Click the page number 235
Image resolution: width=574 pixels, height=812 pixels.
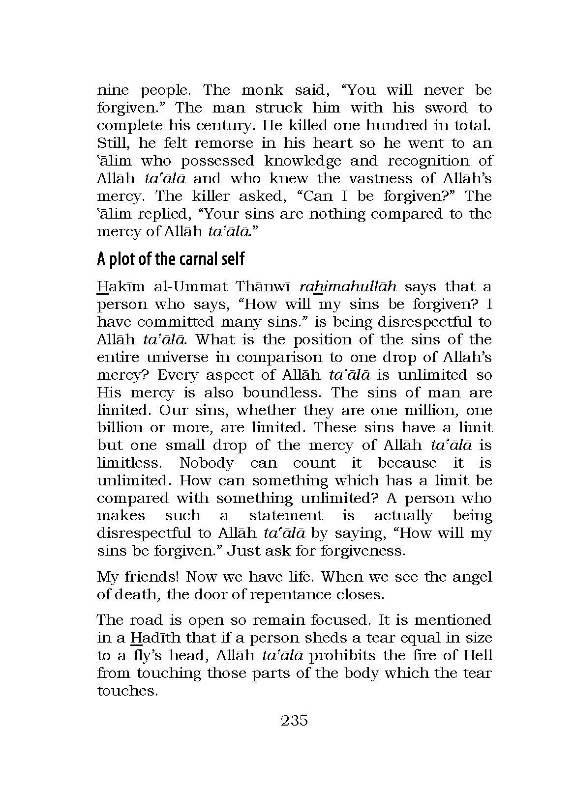pos(294,721)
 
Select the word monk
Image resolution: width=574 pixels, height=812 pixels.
pos(263,90)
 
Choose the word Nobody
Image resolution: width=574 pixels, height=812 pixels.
pos(207,463)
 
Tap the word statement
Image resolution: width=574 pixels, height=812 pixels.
pos(286,516)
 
